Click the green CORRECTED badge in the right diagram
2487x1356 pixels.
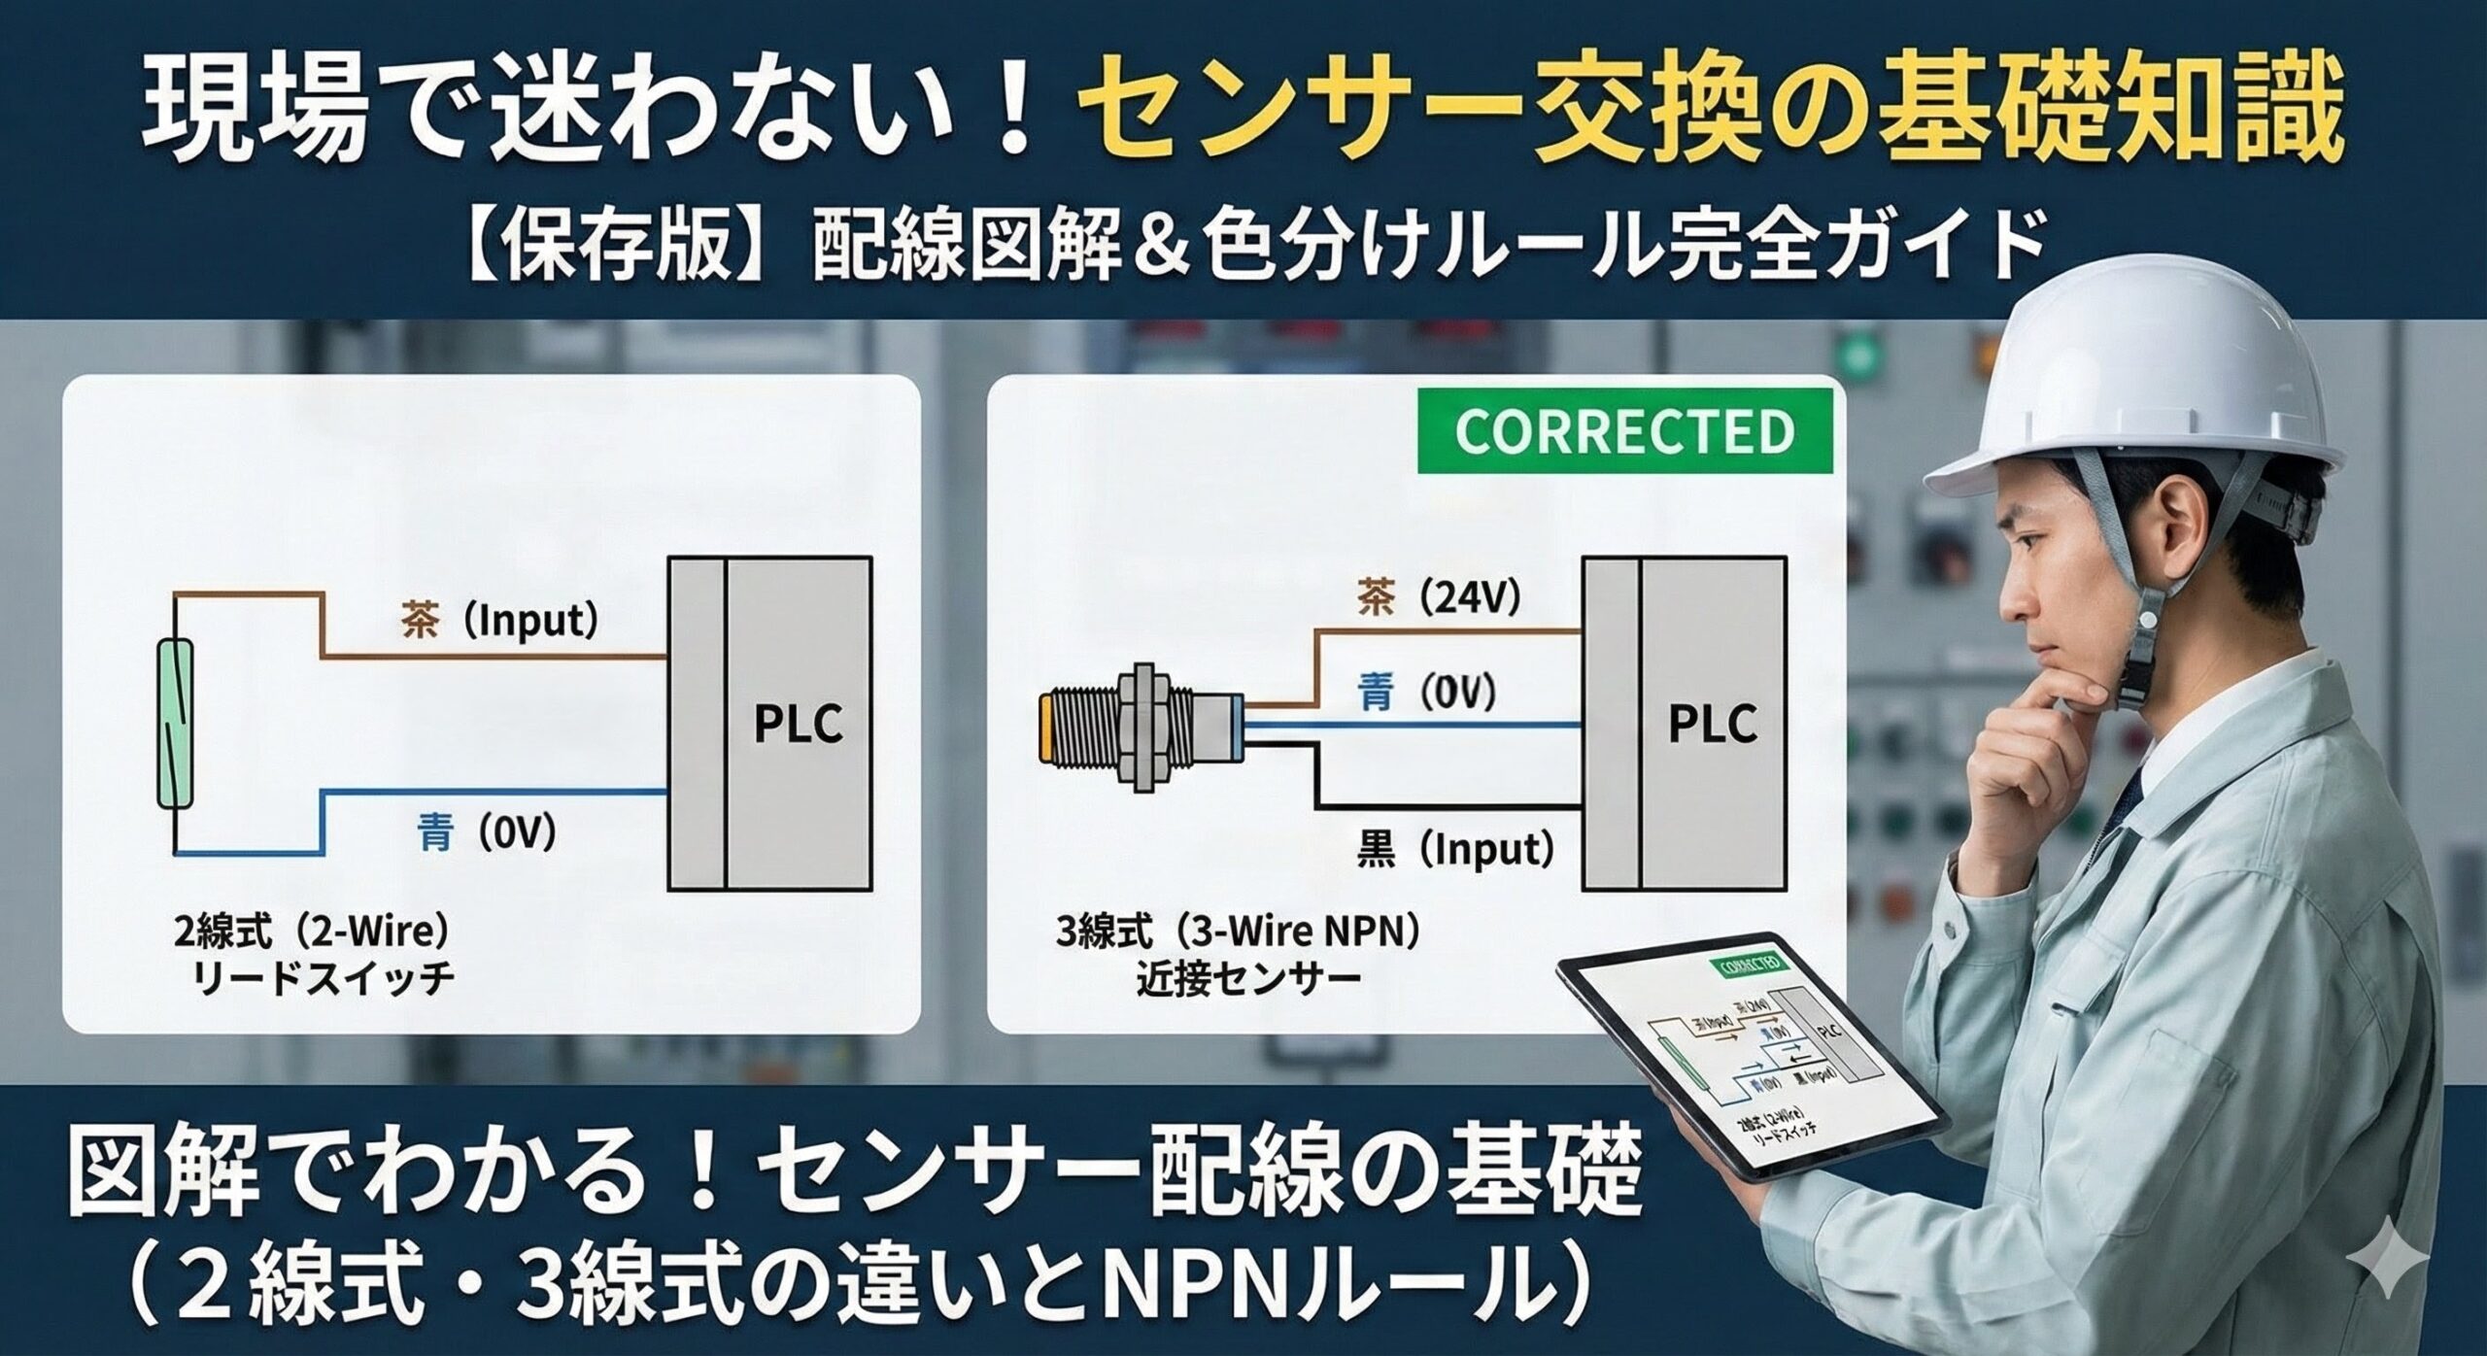[1624, 430]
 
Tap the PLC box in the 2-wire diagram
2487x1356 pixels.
[769, 724]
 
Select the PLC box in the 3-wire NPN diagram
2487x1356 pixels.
[1685, 724]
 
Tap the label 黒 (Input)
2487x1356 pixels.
[1453, 850]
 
